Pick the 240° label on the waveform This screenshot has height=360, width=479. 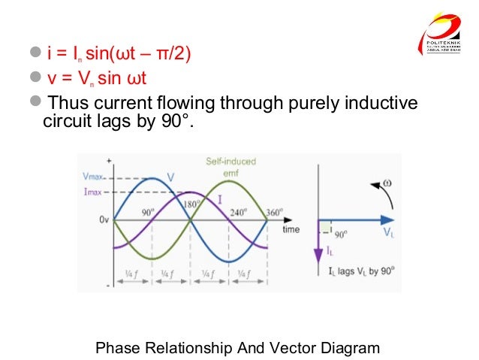coord(238,213)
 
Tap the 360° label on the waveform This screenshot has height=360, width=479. coord(275,213)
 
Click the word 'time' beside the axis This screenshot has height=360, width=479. coord(291,229)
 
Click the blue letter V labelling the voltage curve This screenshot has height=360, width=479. coord(171,177)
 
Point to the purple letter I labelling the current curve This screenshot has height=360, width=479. coord(220,198)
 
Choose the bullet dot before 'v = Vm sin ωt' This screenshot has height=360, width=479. coord(34,77)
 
